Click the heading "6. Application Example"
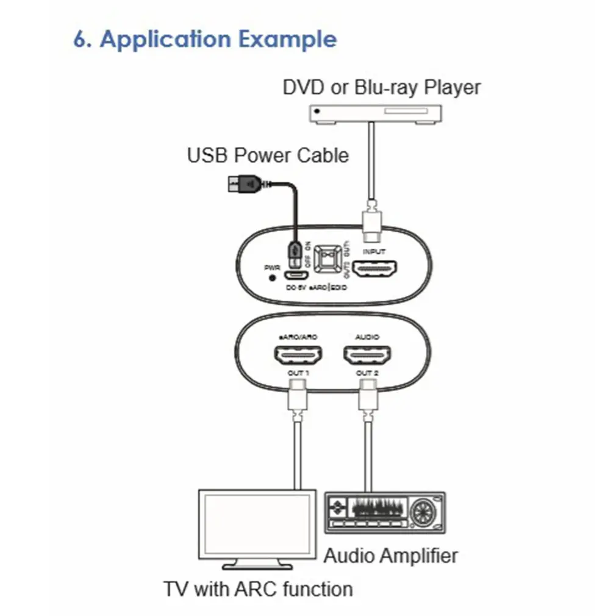(205, 39)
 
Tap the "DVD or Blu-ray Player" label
(381, 87)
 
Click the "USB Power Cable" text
(268, 155)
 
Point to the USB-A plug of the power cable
(244, 182)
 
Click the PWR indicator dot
(272, 278)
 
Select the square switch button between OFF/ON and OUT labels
(329, 259)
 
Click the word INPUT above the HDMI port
(374, 251)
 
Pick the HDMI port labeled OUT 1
(298, 354)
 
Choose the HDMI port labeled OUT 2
(367, 354)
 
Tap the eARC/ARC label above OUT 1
(298, 337)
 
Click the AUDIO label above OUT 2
(367, 337)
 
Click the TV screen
(256, 523)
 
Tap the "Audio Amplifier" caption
(390, 556)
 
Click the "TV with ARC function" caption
(258, 589)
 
